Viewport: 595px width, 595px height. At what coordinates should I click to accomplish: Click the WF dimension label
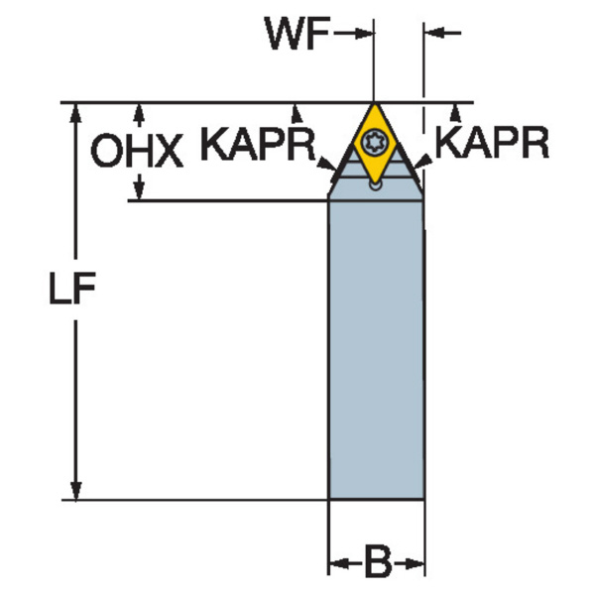coord(297,34)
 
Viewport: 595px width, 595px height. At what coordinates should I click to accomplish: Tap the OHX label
coord(137,151)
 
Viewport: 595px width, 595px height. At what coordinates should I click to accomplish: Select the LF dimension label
coord(72,289)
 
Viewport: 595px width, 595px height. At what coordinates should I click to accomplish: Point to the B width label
coord(378,564)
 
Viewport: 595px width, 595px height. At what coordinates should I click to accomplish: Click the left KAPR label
coord(258,144)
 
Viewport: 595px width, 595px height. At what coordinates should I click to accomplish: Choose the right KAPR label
coord(492,142)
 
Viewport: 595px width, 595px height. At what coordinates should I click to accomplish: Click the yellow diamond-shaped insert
coord(375,143)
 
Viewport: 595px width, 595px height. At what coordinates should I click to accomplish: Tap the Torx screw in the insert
coord(374,142)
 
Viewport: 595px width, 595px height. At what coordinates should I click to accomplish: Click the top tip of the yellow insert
coord(374,104)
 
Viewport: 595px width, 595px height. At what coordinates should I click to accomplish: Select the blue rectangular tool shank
coord(376,349)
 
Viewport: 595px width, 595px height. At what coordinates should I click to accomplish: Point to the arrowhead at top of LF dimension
coord(76,113)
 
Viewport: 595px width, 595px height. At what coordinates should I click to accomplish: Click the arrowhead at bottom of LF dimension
coord(76,490)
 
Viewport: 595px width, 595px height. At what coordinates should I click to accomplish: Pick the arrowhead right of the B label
coord(414,564)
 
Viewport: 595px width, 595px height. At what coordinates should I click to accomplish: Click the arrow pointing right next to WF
coord(354,34)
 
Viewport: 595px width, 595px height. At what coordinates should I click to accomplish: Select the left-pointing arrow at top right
coord(443,33)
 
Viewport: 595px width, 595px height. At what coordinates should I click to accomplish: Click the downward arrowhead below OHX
coord(140,186)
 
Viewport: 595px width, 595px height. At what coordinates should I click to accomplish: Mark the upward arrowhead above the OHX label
coord(140,115)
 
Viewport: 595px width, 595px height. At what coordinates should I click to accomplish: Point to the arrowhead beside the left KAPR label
coord(326,164)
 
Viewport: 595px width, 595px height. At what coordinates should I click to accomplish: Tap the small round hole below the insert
coord(375,185)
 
